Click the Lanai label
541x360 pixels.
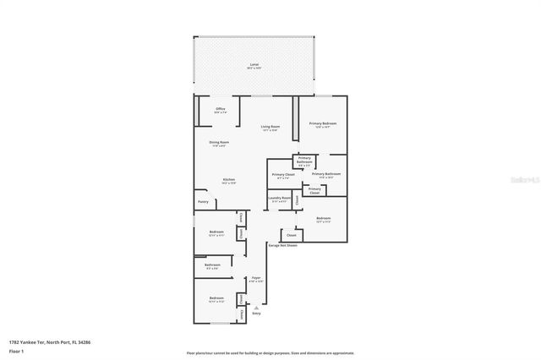[x=254, y=66]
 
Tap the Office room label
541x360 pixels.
[x=220, y=110]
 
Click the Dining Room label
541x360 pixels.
[x=219, y=143]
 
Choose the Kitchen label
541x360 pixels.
[x=228, y=180]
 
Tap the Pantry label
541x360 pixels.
[x=203, y=202]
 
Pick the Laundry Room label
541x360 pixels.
[x=279, y=199]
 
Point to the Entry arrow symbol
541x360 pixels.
[x=256, y=308]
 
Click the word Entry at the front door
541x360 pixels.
[x=256, y=314]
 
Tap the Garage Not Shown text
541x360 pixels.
[x=282, y=245]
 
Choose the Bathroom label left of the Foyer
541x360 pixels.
[x=212, y=266]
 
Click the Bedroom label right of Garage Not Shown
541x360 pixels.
[x=323, y=219]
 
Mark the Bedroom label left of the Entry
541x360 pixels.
[x=216, y=298]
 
